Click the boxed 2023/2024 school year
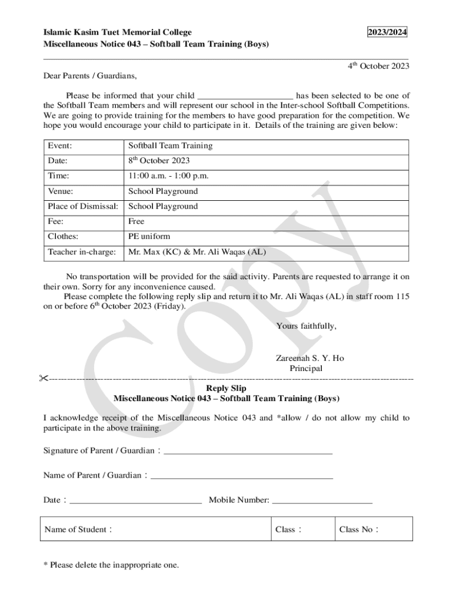click(387, 32)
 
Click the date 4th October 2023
click(378, 66)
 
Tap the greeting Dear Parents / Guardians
click(89, 76)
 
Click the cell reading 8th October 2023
click(159, 161)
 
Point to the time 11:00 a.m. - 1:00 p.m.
click(168, 176)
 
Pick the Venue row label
click(61, 191)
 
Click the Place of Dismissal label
click(83, 207)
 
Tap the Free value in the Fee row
click(136, 222)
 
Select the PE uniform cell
click(149, 237)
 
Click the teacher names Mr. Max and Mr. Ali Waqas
click(196, 252)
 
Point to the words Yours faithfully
click(306, 326)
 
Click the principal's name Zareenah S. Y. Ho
click(309, 358)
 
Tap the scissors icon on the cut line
click(43, 378)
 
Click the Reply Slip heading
click(226, 389)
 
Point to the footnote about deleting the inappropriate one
click(111, 565)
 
